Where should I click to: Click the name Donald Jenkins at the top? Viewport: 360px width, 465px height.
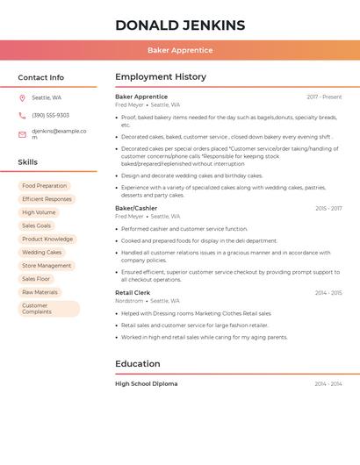tap(180, 25)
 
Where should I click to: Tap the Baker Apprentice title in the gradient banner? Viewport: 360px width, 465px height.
tap(180, 51)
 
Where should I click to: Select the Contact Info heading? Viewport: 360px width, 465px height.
tap(40, 77)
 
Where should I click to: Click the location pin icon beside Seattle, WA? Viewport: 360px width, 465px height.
tap(22, 97)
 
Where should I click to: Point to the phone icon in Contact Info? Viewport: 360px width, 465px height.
tap(22, 115)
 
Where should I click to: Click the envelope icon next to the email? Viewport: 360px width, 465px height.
tap(22, 134)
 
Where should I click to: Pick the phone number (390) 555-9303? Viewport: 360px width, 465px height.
tap(50, 115)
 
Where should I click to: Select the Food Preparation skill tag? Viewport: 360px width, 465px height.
tap(44, 186)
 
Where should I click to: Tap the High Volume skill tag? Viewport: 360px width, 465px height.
tap(39, 212)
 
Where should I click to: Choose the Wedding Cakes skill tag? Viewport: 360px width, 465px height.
tap(42, 252)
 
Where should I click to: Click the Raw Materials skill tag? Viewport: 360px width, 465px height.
tap(40, 292)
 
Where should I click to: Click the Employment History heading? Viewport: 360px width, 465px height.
tap(160, 77)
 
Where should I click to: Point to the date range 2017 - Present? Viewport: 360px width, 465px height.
tap(324, 97)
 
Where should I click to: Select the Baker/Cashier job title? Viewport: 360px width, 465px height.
tap(136, 208)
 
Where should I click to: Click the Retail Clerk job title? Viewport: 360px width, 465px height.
tap(133, 292)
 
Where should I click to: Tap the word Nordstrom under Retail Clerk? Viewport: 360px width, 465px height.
tap(128, 301)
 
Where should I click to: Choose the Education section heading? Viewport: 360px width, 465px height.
tap(137, 363)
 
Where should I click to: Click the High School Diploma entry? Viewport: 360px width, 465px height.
tap(146, 383)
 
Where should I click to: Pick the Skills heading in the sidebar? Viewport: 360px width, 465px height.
tap(27, 162)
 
